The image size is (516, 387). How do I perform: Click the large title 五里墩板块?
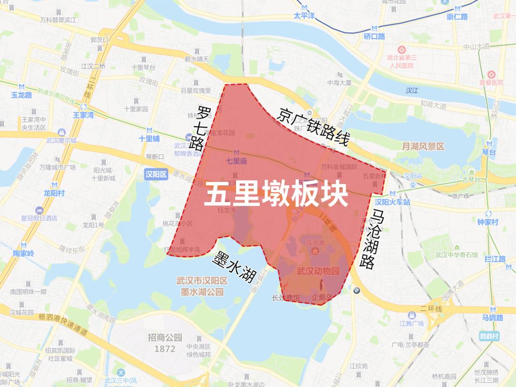coord(276,195)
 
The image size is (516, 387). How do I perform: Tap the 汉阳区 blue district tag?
coord(156,175)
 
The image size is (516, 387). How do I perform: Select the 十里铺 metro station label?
coord(149,139)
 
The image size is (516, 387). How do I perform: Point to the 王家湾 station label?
coord(83,115)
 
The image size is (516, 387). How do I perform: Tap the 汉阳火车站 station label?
coord(392,202)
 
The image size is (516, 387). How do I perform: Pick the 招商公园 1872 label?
coord(165,343)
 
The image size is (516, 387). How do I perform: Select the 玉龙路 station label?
coord(21,95)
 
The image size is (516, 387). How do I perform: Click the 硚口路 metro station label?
coord(374,36)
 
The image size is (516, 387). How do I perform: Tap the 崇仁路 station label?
coord(457,17)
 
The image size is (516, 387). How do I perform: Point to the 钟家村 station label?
coord(487,222)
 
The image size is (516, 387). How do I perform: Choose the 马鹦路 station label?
coord(492,318)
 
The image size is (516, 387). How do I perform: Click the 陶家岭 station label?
coord(23,253)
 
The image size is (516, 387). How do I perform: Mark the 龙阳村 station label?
coord(54,193)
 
